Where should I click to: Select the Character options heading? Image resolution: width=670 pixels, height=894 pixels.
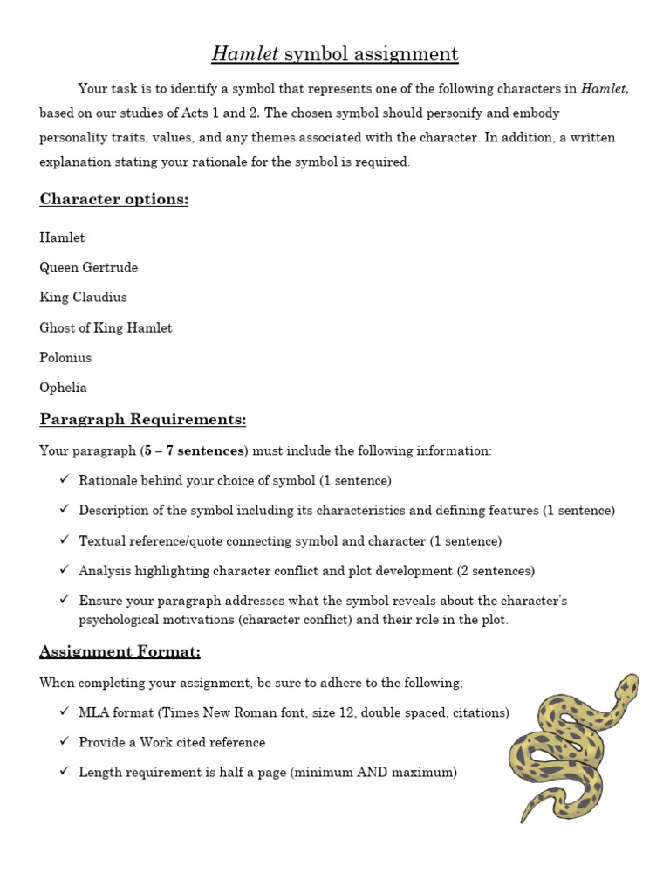pyautogui.click(x=113, y=199)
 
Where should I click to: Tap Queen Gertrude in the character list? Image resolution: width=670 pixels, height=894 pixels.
pyautogui.click(x=88, y=267)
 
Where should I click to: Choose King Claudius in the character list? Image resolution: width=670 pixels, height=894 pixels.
pyautogui.click(x=83, y=297)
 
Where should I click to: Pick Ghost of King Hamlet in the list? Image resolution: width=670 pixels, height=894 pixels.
pyautogui.click(x=106, y=327)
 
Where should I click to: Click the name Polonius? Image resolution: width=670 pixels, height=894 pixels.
pyautogui.click(x=65, y=357)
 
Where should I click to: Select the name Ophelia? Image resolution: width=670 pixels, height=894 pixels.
pyautogui.click(x=63, y=387)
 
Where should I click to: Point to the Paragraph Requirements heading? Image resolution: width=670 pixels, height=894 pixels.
pyautogui.click(x=143, y=420)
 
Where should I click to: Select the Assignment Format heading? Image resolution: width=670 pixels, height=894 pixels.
pyautogui.click(x=120, y=651)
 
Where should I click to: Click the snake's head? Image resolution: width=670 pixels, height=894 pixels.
pyautogui.click(x=626, y=688)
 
